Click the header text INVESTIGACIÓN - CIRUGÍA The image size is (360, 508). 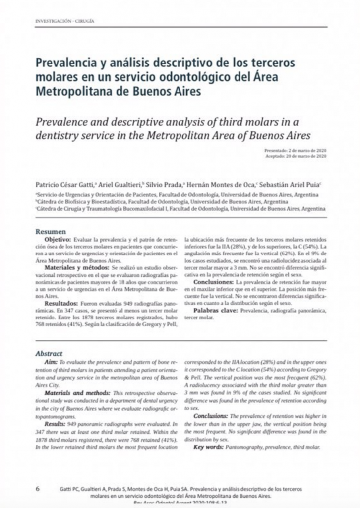point(64,21)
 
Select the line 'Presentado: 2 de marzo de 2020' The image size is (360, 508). point(295,150)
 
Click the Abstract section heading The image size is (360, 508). point(49,354)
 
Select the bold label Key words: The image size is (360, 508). point(208,447)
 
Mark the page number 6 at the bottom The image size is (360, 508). point(38,488)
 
